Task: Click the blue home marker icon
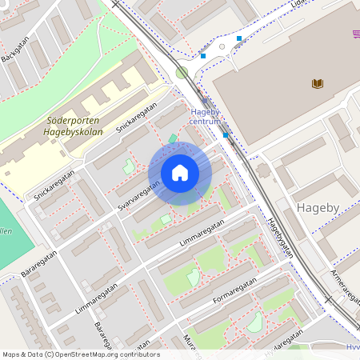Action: pos(180,174)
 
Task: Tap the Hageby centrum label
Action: pos(205,117)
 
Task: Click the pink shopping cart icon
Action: pos(355,34)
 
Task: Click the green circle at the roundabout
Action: pos(182,73)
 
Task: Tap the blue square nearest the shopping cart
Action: pos(238,38)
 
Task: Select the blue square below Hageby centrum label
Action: pos(226,135)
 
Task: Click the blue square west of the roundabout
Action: pos(203,56)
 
